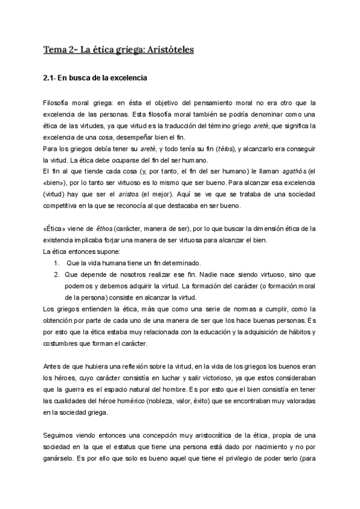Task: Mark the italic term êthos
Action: click(x=101, y=229)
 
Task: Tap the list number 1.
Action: click(x=55, y=263)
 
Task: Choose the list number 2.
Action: click(x=55, y=274)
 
